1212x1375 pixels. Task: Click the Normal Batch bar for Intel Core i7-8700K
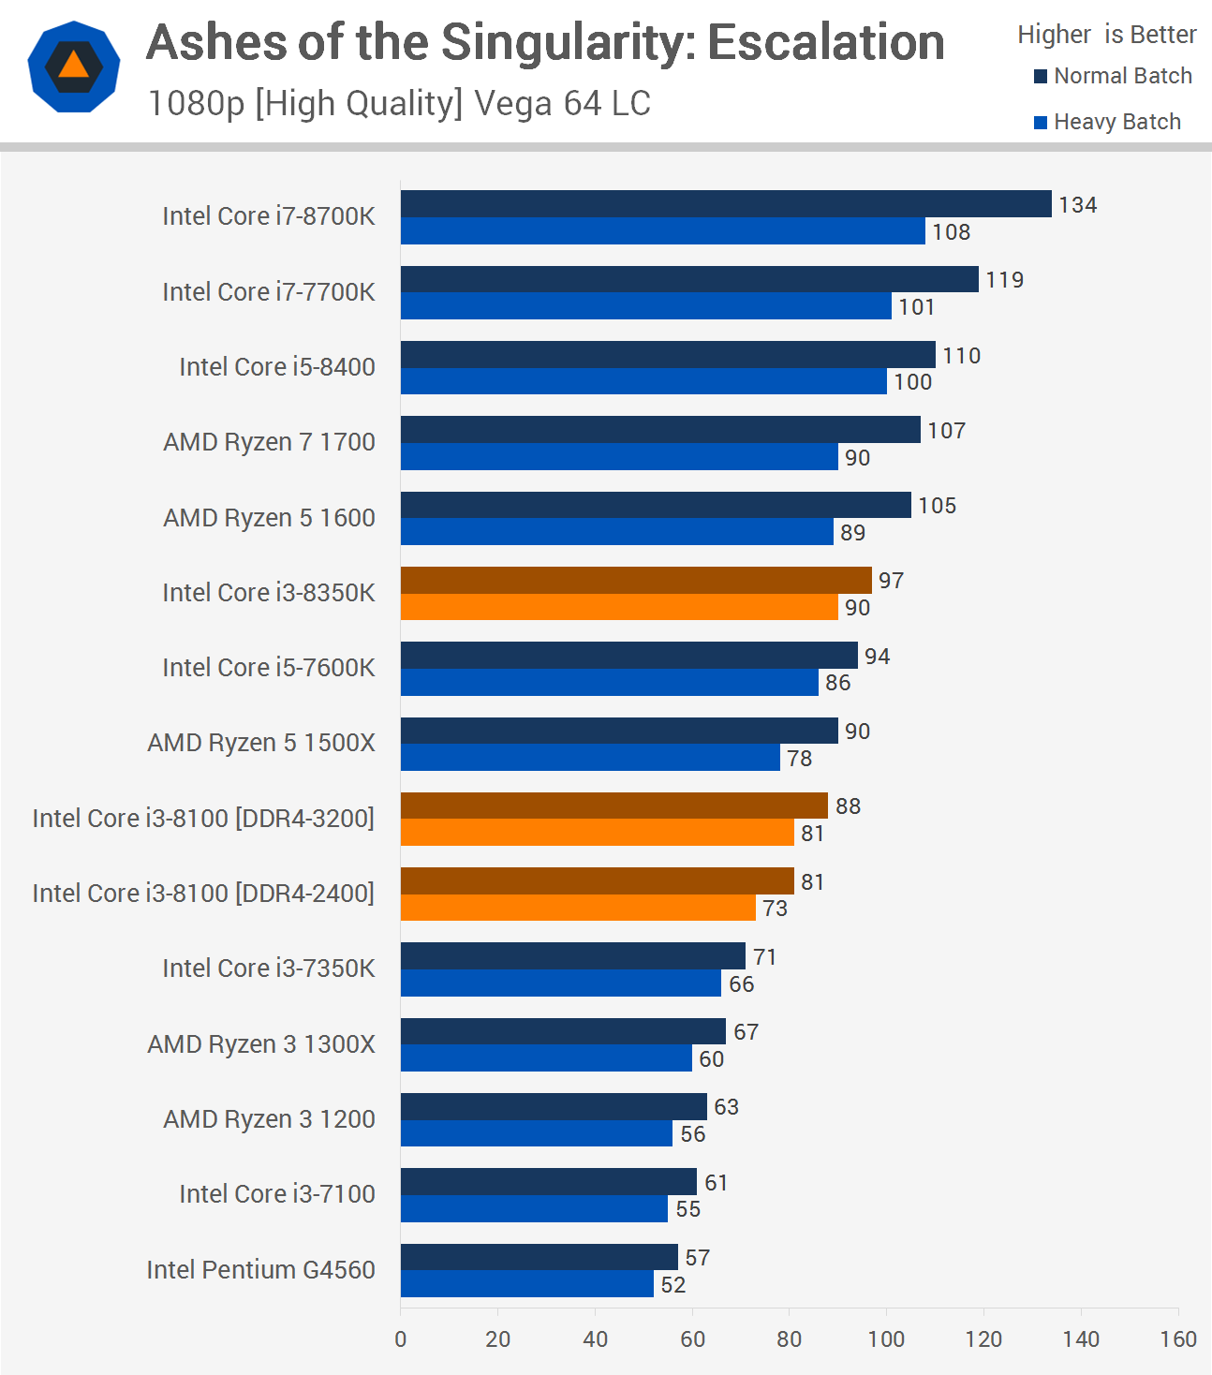(x=726, y=204)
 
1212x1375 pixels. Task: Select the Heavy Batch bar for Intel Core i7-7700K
(x=646, y=306)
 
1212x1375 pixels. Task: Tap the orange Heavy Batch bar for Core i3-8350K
(x=619, y=607)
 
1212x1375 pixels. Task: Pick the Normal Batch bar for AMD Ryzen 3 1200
(x=554, y=1106)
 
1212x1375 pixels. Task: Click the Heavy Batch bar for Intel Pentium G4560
(x=527, y=1284)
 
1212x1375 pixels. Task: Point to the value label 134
(x=1077, y=205)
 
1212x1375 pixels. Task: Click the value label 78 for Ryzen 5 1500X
(x=799, y=758)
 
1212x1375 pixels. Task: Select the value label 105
(x=937, y=506)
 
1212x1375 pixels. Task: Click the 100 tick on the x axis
(x=886, y=1338)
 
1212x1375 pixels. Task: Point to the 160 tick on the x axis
(x=1177, y=1338)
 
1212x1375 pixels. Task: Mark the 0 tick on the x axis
(x=401, y=1338)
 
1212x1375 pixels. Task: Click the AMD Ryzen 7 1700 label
(x=269, y=442)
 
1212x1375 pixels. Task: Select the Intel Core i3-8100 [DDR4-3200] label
(x=203, y=819)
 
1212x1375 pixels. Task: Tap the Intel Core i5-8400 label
(x=276, y=367)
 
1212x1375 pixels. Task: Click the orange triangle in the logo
(x=73, y=65)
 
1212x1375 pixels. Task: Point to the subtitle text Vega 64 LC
(x=562, y=103)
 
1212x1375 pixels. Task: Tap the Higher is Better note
(x=1106, y=35)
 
